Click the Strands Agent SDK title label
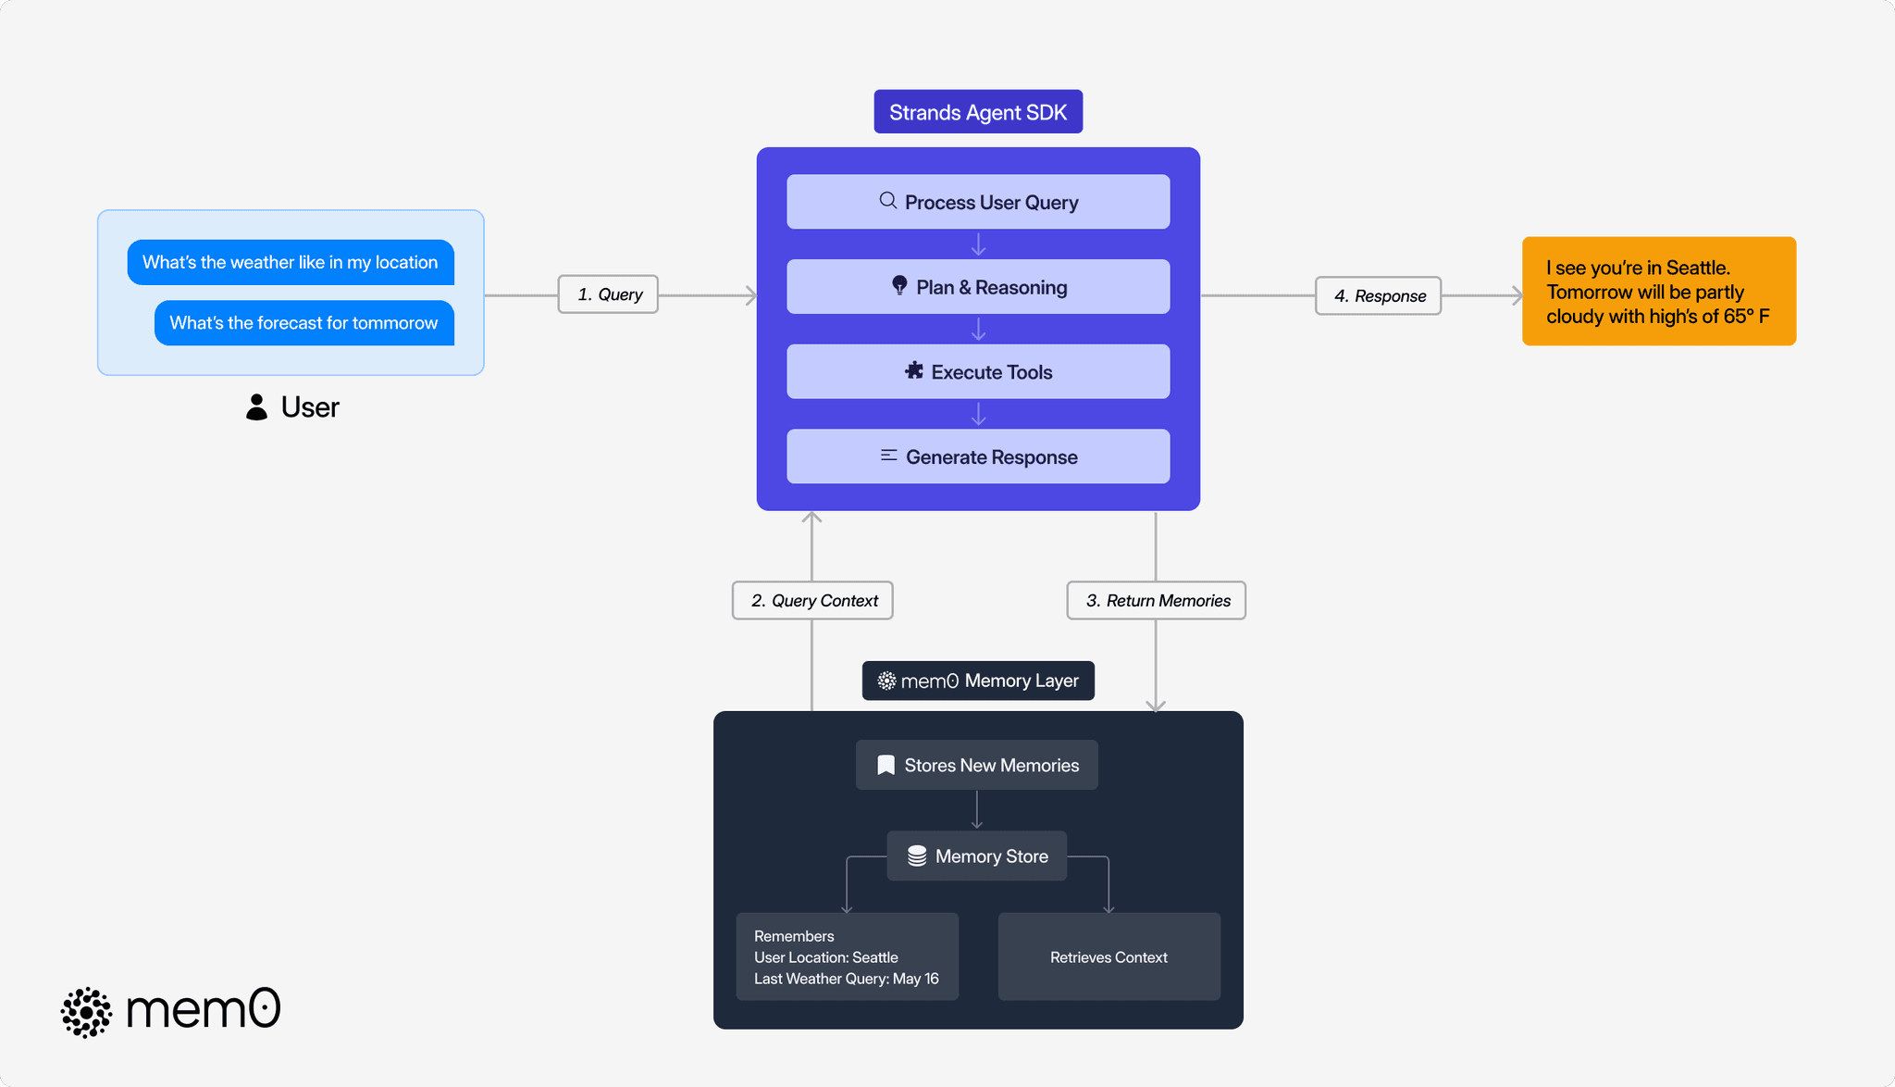[978, 112]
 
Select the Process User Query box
[978, 202]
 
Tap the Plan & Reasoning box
[978, 287]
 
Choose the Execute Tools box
[978, 372]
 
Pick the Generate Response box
[978, 456]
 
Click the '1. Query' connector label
[608, 294]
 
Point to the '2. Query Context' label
[812, 601]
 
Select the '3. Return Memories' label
[1156, 601]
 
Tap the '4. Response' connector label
[1378, 296]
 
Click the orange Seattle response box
[1658, 292]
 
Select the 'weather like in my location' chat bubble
[291, 262]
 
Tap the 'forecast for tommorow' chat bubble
[303, 323]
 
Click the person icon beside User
[256, 407]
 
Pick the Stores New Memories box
[976, 766]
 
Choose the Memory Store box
[976, 856]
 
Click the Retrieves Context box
[1109, 957]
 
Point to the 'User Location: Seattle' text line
[825, 957]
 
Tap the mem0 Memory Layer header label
[978, 681]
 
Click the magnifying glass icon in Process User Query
[887, 201]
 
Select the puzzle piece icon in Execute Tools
[914, 371]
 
